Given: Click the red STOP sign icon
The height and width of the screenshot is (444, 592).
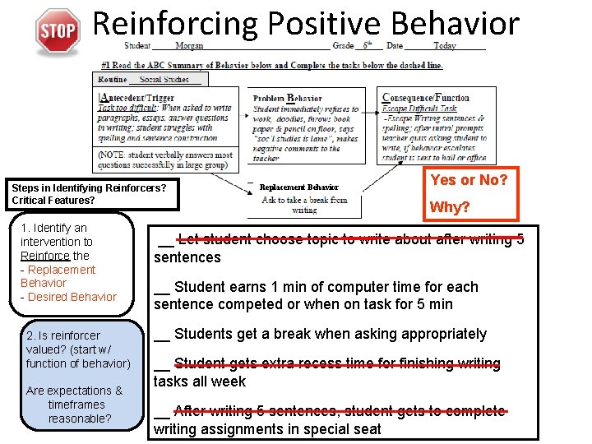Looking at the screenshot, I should (57, 32).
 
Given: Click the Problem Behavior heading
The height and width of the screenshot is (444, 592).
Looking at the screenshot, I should (287, 98).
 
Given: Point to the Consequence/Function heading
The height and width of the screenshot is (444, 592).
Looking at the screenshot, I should (426, 98).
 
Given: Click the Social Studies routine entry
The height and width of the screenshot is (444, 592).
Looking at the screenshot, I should (164, 80).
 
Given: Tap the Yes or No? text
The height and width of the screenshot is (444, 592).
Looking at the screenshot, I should (469, 180).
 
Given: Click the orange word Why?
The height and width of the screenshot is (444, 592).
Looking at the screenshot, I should (449, 206).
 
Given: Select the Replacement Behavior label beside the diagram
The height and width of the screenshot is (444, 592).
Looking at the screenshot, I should (298, 187).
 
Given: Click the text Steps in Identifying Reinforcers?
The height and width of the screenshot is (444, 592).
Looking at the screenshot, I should (89, 187).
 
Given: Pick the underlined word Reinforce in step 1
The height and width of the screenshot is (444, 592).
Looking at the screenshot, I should (45, 256).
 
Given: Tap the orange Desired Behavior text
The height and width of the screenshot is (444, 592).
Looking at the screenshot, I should (72, 297).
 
